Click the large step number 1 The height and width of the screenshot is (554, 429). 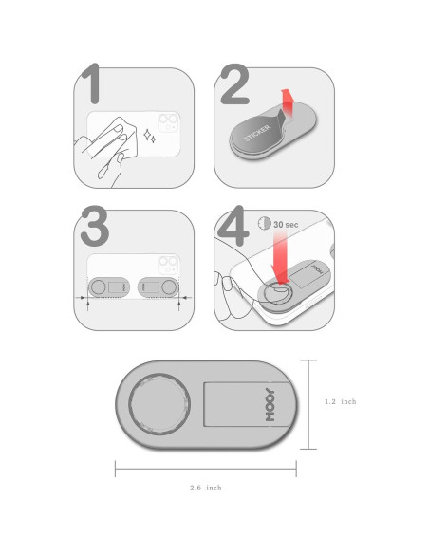(92, 83)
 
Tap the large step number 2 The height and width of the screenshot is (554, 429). (235, 83)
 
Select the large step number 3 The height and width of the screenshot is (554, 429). (94, 226)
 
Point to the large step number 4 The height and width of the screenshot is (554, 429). (233, 226)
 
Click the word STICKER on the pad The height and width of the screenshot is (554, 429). (257, 133)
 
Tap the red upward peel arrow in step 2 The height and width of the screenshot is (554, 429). (287, 103)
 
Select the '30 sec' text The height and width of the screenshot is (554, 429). (286, 225)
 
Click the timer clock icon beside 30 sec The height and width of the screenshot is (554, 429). (264, 223)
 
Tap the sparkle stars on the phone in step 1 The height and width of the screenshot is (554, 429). (150, 137)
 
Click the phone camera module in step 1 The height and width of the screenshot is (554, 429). (169, 122)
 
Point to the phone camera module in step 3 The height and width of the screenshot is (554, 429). (169, 265)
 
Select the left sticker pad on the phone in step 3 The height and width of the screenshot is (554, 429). (109, 287)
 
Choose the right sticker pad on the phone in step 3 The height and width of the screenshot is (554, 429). (158, 287)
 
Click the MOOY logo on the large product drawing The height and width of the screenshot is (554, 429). (270, 404)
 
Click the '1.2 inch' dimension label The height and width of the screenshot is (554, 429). (341, 401)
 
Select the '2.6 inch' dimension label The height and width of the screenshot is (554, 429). (206, 488)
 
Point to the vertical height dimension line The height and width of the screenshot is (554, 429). (308, 404)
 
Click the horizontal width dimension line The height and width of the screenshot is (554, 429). (206, 469)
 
